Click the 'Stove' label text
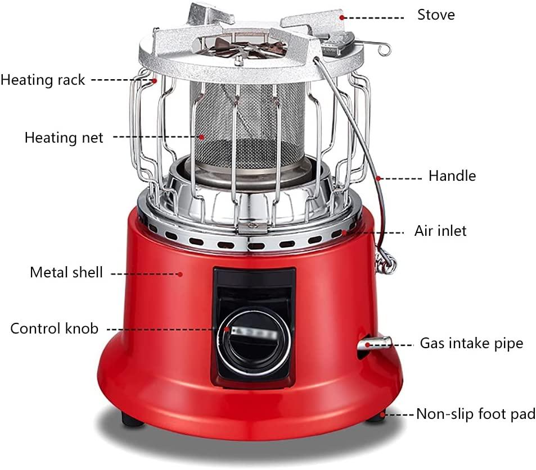436,15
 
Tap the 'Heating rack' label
43,80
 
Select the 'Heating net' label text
64,138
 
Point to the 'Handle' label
452,176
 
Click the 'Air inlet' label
440,231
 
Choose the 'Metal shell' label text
66,272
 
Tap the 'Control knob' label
55,328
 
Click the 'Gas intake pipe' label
471,343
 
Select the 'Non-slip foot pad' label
475,414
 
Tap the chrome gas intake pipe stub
374,343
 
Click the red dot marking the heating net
202,137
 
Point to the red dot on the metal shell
180,273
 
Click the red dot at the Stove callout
341,17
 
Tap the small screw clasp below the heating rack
253,226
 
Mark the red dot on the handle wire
379,178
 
